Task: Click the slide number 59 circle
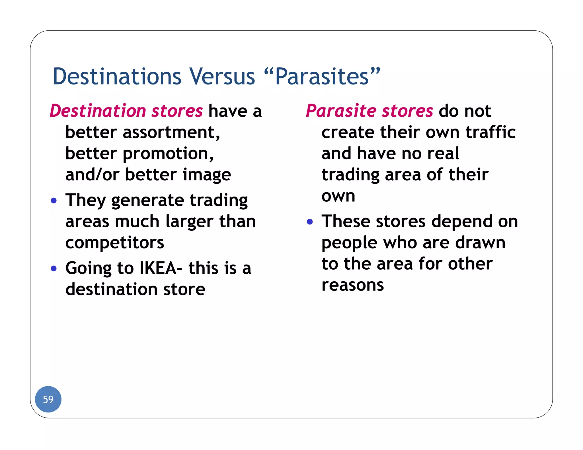pos(48,399)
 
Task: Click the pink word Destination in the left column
pos(98,111)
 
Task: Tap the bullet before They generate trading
pos(54,201)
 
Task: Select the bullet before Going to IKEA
pos(54,268)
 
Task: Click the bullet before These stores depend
pos(310,222)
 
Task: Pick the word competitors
pos(115,243)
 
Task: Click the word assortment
pos(171,133)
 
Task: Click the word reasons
pos(352,285)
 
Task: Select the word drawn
pos(480,243)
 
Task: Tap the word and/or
pos(92,175)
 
